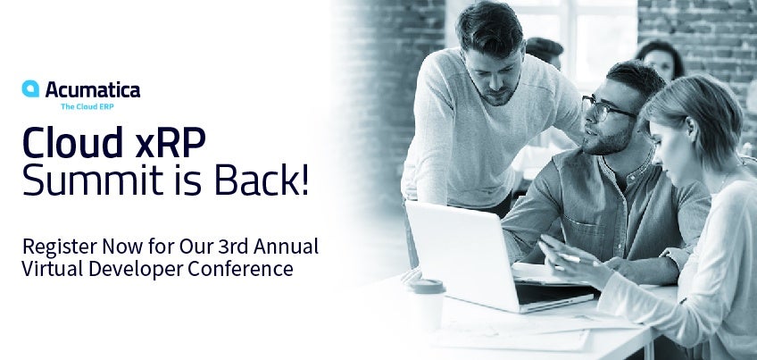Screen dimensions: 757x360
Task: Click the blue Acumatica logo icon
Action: (x=30, y=89)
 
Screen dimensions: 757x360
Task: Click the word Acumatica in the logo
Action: (x=93, y=90)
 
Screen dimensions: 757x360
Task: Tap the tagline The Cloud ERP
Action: (x=87, y=106)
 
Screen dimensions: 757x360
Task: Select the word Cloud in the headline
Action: (x=72, y=143)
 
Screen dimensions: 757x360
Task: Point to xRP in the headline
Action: (x=171, y=144)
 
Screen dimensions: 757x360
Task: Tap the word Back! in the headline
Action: (x=262, y=180)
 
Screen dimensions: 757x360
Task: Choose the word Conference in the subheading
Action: (x=240, y=269)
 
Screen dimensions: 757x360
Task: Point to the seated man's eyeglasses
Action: (x=606, y=108)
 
